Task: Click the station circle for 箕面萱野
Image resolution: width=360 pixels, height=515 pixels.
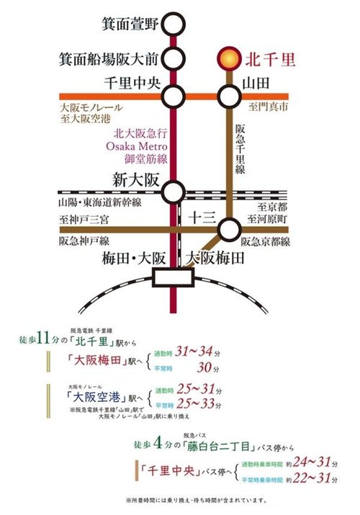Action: pos(174,24)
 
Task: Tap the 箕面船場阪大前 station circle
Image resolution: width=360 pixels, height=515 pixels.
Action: pos(174,58)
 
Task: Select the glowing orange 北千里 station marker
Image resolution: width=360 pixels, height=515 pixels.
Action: pos(228,56)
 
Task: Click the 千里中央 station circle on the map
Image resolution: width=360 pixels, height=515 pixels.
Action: pos(174,95)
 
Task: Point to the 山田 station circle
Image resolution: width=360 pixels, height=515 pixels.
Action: pos(228,95)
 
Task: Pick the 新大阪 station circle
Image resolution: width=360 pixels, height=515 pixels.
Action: pos(174,192)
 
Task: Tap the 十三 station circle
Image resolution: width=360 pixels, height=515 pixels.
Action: pos(228,230)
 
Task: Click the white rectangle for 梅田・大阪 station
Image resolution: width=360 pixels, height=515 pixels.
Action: pos(174,276)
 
